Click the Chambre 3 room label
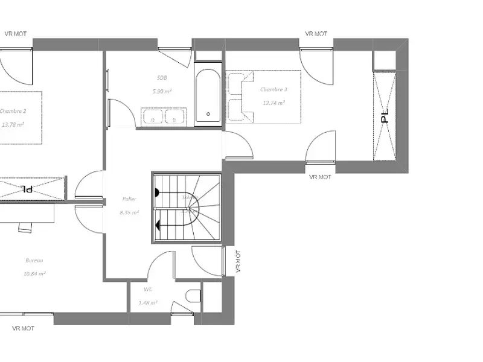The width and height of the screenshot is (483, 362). [273, 89]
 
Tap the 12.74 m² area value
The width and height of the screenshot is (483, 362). [273, 103]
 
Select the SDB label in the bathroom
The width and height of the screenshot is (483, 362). [162, 78]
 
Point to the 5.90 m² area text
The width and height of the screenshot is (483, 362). [162, 92]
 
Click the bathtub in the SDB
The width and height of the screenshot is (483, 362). [208, 97]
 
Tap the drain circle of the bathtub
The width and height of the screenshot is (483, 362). [208, 113]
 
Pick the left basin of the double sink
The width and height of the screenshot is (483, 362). [151, 116]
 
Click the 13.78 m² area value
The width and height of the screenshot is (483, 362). [13, 125]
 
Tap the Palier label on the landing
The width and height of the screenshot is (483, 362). [129, 198]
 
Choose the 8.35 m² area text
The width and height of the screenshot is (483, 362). [129, 212]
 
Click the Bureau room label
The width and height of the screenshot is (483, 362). [34, 260]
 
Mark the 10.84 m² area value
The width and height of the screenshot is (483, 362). [34, 273]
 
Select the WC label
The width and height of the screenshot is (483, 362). [148, 289]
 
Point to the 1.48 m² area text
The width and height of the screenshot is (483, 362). [148, 303]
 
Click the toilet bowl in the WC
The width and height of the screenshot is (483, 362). [193, 296]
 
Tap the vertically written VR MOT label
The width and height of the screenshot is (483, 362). [238, 262]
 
